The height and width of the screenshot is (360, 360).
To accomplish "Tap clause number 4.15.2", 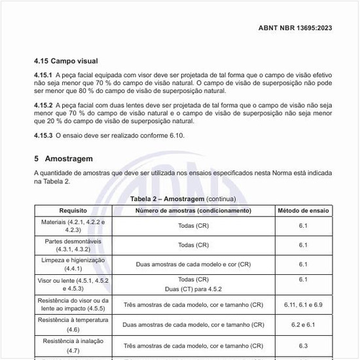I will point(44,105).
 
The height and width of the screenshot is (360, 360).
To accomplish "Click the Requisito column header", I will point(73,211).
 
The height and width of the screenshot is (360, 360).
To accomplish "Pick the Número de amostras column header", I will point(193,211).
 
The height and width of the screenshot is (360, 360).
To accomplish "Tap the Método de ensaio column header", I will point(303,211).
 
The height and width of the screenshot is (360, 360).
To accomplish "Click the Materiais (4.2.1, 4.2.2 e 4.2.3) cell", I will point(73,226).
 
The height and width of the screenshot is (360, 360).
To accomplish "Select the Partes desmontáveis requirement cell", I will point(73,245).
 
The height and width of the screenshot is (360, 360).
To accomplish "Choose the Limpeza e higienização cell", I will point(73,264).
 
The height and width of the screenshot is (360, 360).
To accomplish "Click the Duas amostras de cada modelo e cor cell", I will point(193,264).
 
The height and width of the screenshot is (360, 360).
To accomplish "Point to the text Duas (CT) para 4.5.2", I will point(193,288).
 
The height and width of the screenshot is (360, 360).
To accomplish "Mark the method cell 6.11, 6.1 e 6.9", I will point(303,305).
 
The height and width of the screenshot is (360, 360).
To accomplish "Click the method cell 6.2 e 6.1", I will point(303,324).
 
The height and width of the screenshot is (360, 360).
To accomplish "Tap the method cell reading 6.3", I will point(303,345).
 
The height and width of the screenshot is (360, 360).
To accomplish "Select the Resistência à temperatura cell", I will point(73,324).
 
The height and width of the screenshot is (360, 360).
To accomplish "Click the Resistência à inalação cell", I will point(73,345).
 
